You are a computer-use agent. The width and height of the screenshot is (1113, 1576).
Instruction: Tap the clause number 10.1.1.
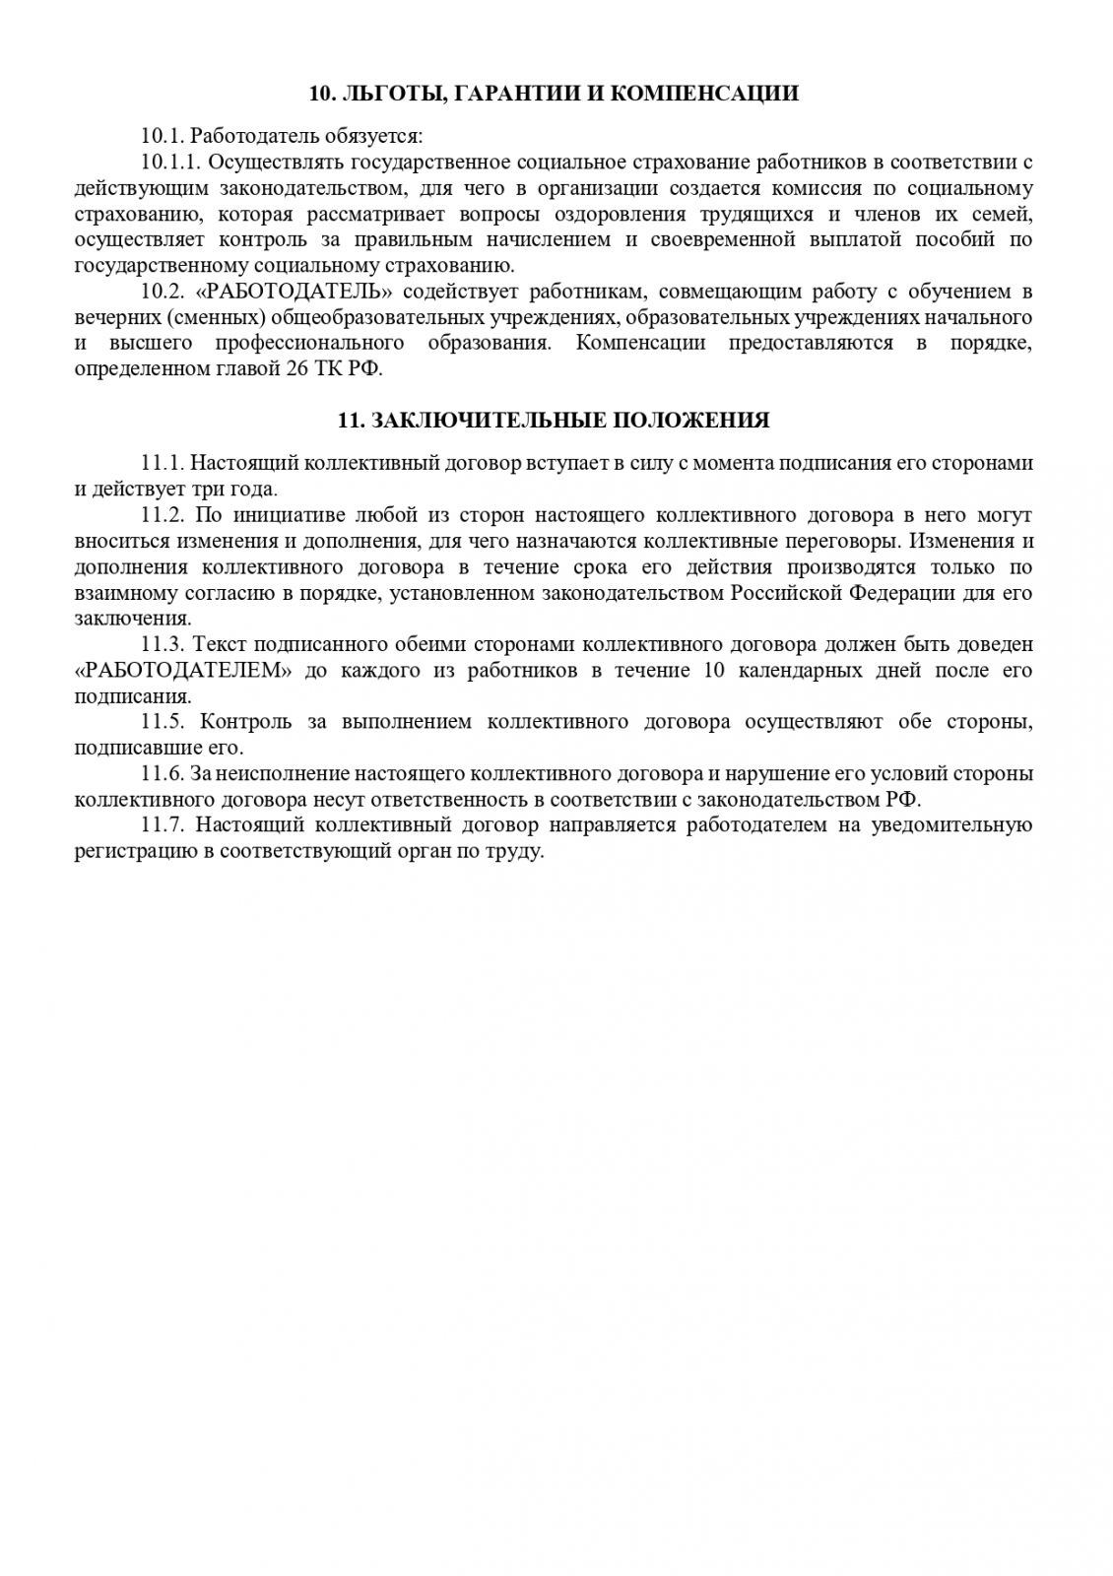[171, 162]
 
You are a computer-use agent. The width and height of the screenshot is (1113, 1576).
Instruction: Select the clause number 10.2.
[164, 292]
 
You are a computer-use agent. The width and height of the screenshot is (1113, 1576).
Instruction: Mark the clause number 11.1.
[164, 463]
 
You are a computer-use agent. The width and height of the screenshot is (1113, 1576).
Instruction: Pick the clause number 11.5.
[164, 722]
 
